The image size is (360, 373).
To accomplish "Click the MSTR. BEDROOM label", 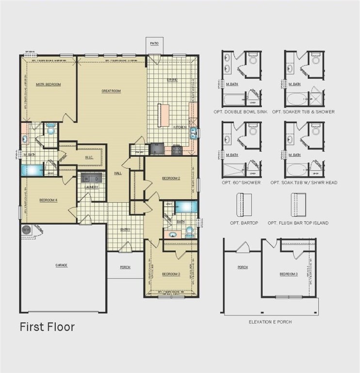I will pos(49,85).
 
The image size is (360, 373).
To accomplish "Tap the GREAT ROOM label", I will pos(111,91).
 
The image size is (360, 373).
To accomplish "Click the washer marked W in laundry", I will pos(86,179).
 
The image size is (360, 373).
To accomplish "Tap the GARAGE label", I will pos(61,265).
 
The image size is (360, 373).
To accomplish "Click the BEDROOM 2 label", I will pos(171,178).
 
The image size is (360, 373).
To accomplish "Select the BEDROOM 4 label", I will pos(49,200).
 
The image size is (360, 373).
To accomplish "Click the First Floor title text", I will pos(47,327).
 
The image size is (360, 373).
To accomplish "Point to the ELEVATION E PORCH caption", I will pos(270,322).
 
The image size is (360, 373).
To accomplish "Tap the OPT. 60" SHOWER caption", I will pos(241,183).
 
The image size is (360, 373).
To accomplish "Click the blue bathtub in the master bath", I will pos(33,170).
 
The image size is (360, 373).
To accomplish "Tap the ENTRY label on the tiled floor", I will pos(125,230).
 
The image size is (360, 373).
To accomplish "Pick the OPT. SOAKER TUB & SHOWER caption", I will pos(303,112).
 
